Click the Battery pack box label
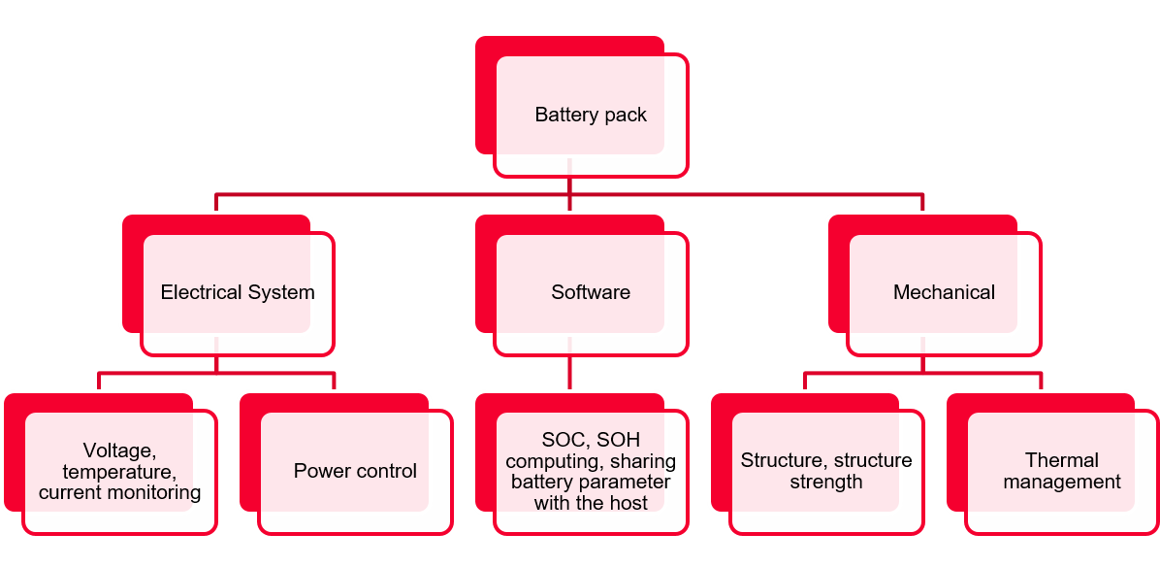click(x=591, y=116)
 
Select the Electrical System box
click(x=238, y=292)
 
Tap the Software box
click(x=591, y=292)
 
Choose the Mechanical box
click(x=944, y=292)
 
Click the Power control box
click(x=355, y=471)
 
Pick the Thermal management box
click(x=1062, y=471)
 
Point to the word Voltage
click(x=117, y=450)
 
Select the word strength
click(x=826, y=482)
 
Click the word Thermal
click(x=1062, y=460)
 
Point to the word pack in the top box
click(x=626, y=116)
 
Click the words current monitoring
click(x=119, y=492)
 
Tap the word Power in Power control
click(x=321, y=471)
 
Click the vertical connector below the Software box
click(x=569, y=373)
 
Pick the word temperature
click(x=117, y=472)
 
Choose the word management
click(x=1062, y=482)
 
